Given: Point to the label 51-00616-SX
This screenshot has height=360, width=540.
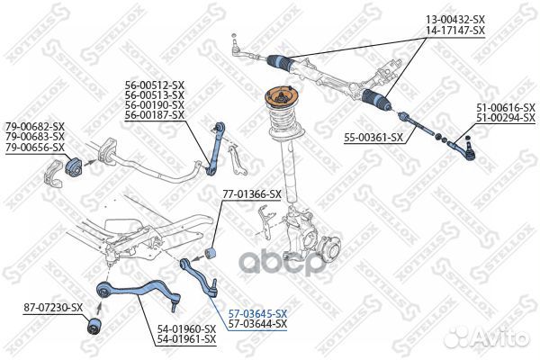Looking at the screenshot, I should click(x=505, y=108).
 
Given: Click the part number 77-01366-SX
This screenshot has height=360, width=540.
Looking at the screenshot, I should click(x=251, y=193).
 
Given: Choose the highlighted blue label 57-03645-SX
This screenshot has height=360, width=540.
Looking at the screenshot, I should click(x=257, y=312).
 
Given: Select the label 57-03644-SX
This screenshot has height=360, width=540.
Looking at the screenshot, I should click(x=257, y=323).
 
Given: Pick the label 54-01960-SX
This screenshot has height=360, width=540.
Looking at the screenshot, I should click(x=186, y=328).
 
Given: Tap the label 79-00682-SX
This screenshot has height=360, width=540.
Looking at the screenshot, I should click(x=35, y=126).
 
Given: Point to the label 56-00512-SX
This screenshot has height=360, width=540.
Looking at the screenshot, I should click(x=154, y=85).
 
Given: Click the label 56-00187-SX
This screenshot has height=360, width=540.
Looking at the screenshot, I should click(x=154, y=115).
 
